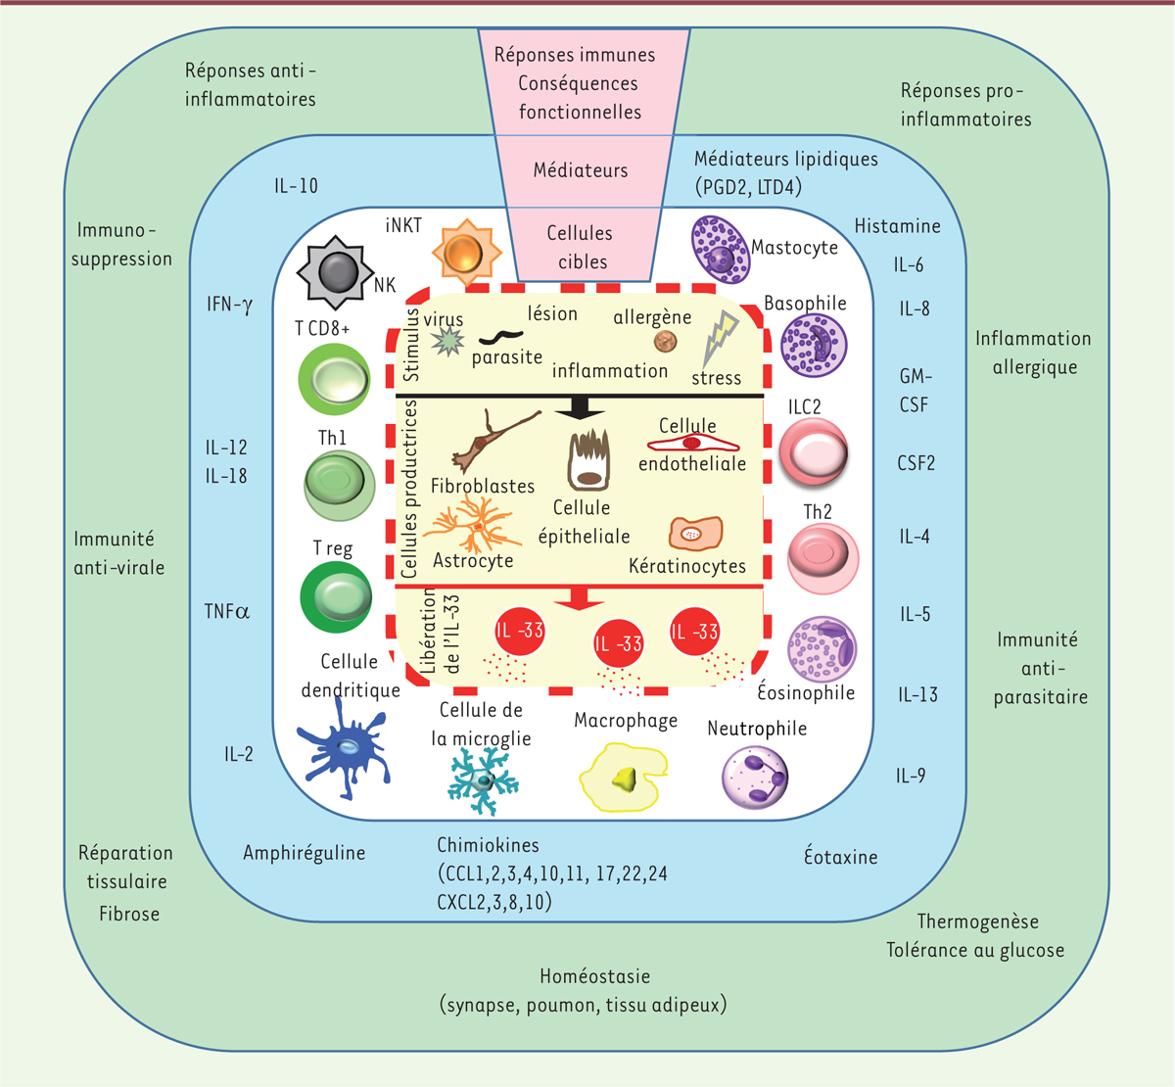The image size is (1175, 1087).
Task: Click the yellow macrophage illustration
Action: pyautogui.click(x=625, y=776)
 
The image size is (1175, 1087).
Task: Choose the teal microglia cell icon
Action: pyautogui.click(x=483, y=780)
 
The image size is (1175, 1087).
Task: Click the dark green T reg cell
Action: pyautogui.click(x=337, y=596)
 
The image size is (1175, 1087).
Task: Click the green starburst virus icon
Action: pyautogui.click(x=447, y=341)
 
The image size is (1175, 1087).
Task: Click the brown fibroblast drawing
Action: pyautogui.click(x=493, y=442)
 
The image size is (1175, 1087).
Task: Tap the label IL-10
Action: pyautogui.click(x=296, y=186)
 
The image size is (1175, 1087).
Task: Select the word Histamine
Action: pyautogui.click(x=897, y=226)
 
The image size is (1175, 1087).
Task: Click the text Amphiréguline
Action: pyautogui.click(x=304, y=853)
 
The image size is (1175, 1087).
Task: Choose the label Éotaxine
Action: pyautogui.click(x=840, y=857)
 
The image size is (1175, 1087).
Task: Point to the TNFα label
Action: pyautogui.click(x=226, y=612)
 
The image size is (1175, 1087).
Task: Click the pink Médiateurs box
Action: pyautogui.click(x=581, y=170)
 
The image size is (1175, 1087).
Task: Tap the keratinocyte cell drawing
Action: pyautogui.click(x=695, y=534)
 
